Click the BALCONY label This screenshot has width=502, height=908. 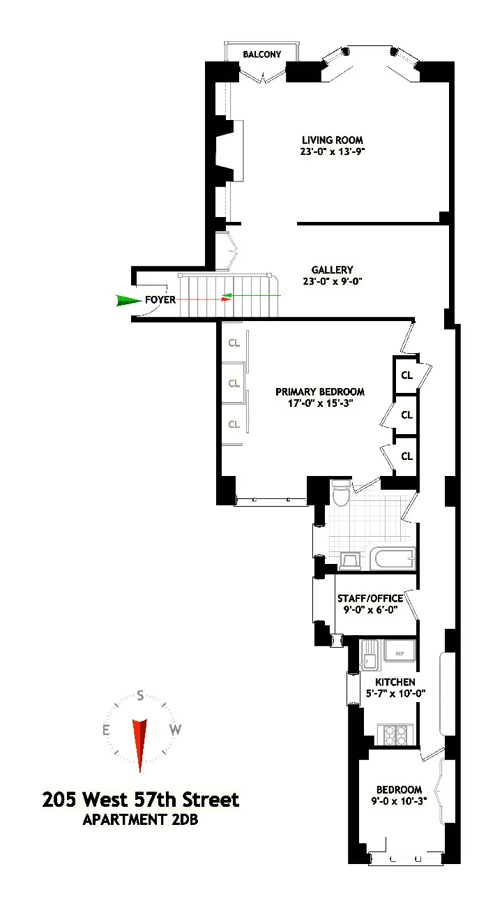[261, 54]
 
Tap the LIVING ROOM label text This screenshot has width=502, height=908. [332, 140]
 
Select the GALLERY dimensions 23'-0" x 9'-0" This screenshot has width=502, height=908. [332, 282]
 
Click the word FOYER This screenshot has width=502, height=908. [160, 300]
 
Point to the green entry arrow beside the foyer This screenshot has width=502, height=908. [128, 300]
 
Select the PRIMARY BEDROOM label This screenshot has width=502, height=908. [319, 392]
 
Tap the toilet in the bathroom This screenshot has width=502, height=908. [342, 493]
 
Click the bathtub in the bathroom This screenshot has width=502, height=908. [392, 559]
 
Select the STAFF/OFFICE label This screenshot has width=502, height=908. [370, 599]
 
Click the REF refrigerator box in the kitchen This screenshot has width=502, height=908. [400, 653]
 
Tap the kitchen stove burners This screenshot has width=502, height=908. [397, 734]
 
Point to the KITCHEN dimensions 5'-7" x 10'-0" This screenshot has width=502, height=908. [395, 694]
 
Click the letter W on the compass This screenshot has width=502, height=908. [176, 730]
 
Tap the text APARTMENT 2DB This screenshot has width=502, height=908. [140, 820]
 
